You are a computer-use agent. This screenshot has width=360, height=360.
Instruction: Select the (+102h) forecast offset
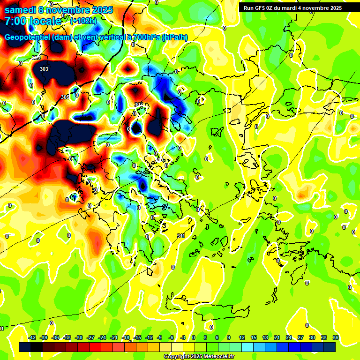point(83,21)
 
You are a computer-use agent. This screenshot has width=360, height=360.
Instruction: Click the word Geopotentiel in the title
point(27,37)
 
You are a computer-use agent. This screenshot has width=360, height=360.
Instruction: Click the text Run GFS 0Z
point(259,8)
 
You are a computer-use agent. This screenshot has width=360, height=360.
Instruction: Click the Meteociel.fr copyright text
point(199,357)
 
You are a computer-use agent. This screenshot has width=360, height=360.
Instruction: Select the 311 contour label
point(181,236)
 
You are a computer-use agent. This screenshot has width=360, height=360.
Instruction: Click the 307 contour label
point(139,104)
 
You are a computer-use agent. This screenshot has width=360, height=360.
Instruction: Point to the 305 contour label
point(65,97)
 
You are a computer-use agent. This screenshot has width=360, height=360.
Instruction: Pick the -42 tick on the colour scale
point(32,337)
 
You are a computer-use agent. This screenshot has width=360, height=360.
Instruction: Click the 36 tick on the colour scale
point(336,337)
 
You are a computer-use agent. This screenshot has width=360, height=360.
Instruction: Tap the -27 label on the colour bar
point(91,337)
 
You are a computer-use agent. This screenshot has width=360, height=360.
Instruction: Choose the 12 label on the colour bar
point(242,337)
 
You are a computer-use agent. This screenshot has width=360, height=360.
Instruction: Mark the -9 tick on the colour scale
point(159,337)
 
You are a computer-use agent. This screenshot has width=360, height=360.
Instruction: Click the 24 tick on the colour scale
point(289,337)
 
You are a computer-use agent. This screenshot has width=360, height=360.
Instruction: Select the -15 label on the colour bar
point(138,337)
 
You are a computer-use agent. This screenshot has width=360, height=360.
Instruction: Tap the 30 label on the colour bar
point(312,337)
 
